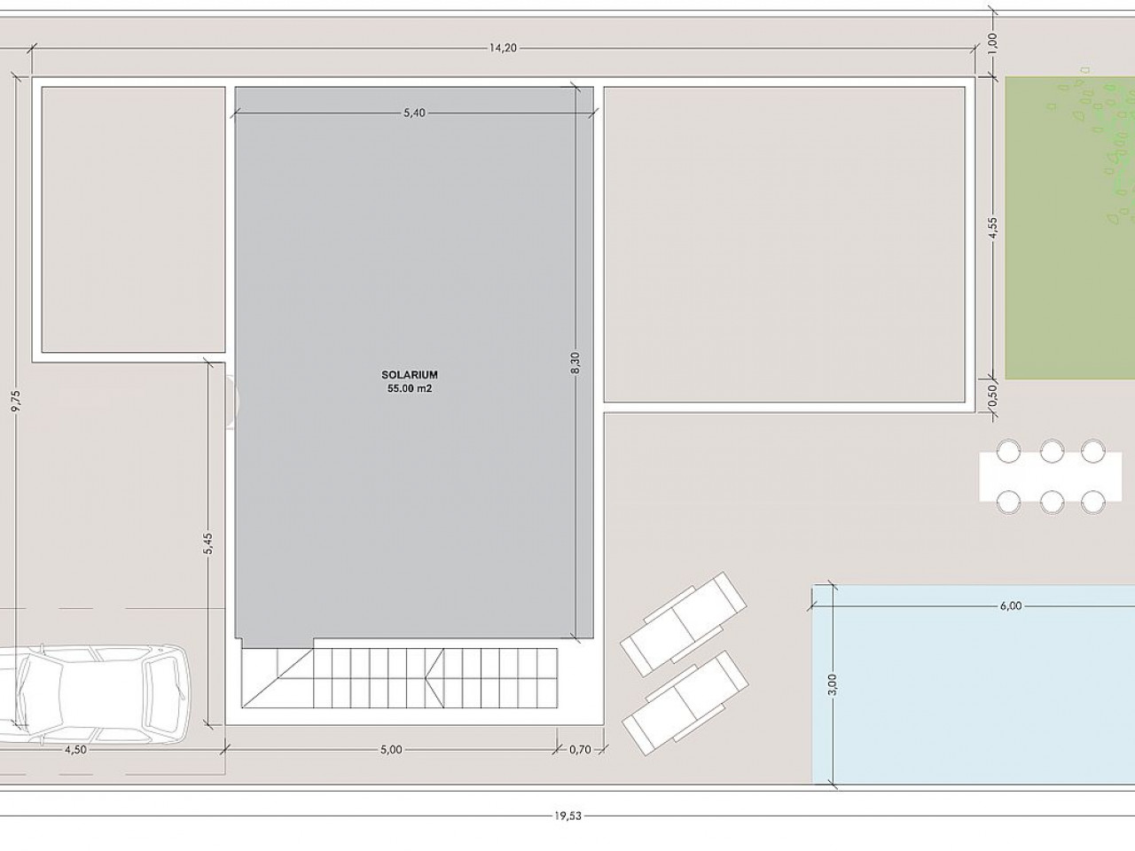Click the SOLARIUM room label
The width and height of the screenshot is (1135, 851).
pyautogui.click(x=410, y=375)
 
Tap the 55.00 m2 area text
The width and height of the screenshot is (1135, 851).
pyautogui.click(x=410, y=389)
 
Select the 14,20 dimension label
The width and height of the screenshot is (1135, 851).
pyautogui.click(x=503, y=48)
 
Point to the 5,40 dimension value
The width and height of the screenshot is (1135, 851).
pyautogui.click(x=414, y=113)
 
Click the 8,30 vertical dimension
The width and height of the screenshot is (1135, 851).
pyautogui.click(x=576, y=363)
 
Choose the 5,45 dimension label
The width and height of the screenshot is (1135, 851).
pyautogui.click(x=207, y=543)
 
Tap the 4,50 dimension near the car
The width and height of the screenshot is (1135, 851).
pyautogui.click(x=75, y=749)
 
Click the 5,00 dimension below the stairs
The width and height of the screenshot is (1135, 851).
pyautogui.click(x=391, y=749)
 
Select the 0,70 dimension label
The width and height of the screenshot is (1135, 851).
pyautogui.click(x=580, y=749)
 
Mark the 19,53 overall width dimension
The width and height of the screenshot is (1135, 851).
pyautogui.click(x=567, y=816)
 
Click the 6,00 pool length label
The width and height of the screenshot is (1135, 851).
pyautogui.click(x=1010, y=605)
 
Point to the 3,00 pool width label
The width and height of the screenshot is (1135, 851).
pyautogui.click(x=833, y=684)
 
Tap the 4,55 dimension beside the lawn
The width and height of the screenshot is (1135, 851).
pyautogui.click(x=993, y=227)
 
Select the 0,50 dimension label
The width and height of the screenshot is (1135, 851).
pyautogui.click(x=992, y=395)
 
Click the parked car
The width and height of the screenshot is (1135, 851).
pyautogui.click(x=93, y=694)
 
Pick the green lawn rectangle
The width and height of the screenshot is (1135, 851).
pyautogui.click(x=1070, y=228)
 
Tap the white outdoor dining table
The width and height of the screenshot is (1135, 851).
pyautogui.click(x=1050, y=476)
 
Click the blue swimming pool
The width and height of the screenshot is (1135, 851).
pyautogui.click(x=974, y=683)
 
